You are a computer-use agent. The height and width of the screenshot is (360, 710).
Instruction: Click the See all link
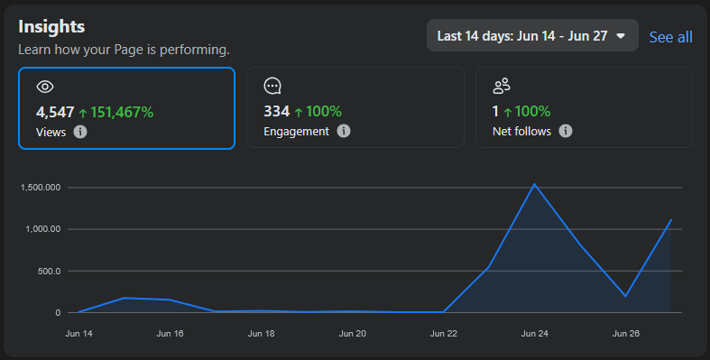coord(670,37)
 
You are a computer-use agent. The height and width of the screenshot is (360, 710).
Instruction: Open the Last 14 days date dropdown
coord(532,35)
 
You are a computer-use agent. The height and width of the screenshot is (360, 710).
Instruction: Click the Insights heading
coord(51,27)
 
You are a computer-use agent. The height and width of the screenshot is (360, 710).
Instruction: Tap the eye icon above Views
coord(45,87)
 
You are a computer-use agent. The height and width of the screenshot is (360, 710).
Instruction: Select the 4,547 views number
coord(55,112)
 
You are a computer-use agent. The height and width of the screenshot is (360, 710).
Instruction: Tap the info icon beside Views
coord(80,132)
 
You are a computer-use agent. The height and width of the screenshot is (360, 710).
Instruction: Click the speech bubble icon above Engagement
coord(272,86)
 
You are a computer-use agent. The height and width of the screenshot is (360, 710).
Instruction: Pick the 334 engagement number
coord(277,111)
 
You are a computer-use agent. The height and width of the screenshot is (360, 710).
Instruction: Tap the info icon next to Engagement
coord(344,131)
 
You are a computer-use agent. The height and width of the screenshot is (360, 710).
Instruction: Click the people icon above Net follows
coord(502,86)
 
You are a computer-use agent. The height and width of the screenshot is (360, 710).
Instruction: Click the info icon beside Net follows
coord(566,131)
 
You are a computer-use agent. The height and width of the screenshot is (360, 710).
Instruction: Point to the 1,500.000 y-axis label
coord(41,188)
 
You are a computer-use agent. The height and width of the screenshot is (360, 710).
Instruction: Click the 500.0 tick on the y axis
coord(49,272)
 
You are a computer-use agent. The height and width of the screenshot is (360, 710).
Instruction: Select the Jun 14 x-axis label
coord(78,334)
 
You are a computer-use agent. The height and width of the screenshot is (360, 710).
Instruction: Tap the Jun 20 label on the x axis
coord(352,334)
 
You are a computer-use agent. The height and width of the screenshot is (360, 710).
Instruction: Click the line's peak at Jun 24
coord(535,184)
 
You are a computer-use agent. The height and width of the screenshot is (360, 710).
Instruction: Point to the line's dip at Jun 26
coord(626,296)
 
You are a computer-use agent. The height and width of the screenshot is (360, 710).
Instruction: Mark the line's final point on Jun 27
coord(671,219)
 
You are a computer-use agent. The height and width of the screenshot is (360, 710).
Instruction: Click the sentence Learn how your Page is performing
coord(124,50)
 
